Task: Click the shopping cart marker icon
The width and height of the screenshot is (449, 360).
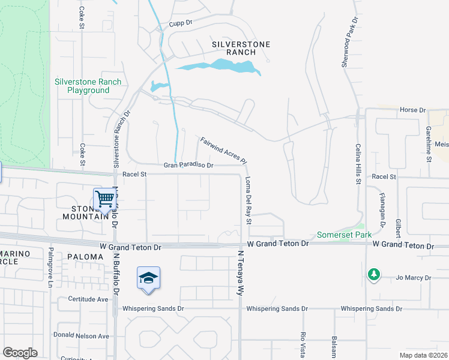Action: (104, 198)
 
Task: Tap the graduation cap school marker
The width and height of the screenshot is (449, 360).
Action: (148, 278)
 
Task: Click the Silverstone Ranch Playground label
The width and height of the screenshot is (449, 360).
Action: (88, 86)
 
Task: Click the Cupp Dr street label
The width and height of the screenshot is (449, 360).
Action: (179, 23)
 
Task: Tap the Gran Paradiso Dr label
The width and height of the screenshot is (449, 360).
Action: (189, 165)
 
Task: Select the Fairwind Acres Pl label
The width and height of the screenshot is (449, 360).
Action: (223, 150)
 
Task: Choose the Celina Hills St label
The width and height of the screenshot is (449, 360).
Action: (358, 163)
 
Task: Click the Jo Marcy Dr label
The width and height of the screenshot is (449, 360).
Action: (414, 278)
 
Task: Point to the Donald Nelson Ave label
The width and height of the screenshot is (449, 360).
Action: (82, 336)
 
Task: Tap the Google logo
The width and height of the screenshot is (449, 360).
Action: (20, 353)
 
